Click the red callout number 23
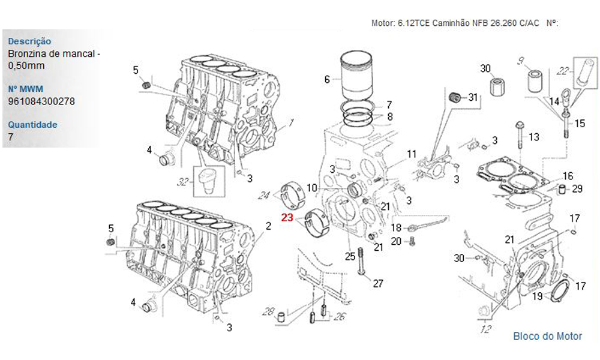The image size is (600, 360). coord(287,218)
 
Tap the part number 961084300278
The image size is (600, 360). coord(41,101)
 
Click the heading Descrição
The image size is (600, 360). coord(29,41)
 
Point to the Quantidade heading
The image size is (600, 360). coord(32,125)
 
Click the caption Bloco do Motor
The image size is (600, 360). coord(547,336)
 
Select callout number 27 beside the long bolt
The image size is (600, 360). coord(377,284)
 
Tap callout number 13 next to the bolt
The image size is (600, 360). coord(534,137)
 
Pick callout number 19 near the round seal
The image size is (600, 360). coord(538,296)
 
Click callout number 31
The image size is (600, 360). coord(473,97)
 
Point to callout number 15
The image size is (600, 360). coord(580,124)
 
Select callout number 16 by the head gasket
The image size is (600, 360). coord(568,176)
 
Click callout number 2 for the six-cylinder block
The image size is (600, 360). coord(268,226)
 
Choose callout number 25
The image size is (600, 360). coord(350,257)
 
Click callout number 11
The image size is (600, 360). coord(411,154)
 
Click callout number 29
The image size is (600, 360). coord(577,189)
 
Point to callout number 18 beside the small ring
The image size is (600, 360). coord(396,228)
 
